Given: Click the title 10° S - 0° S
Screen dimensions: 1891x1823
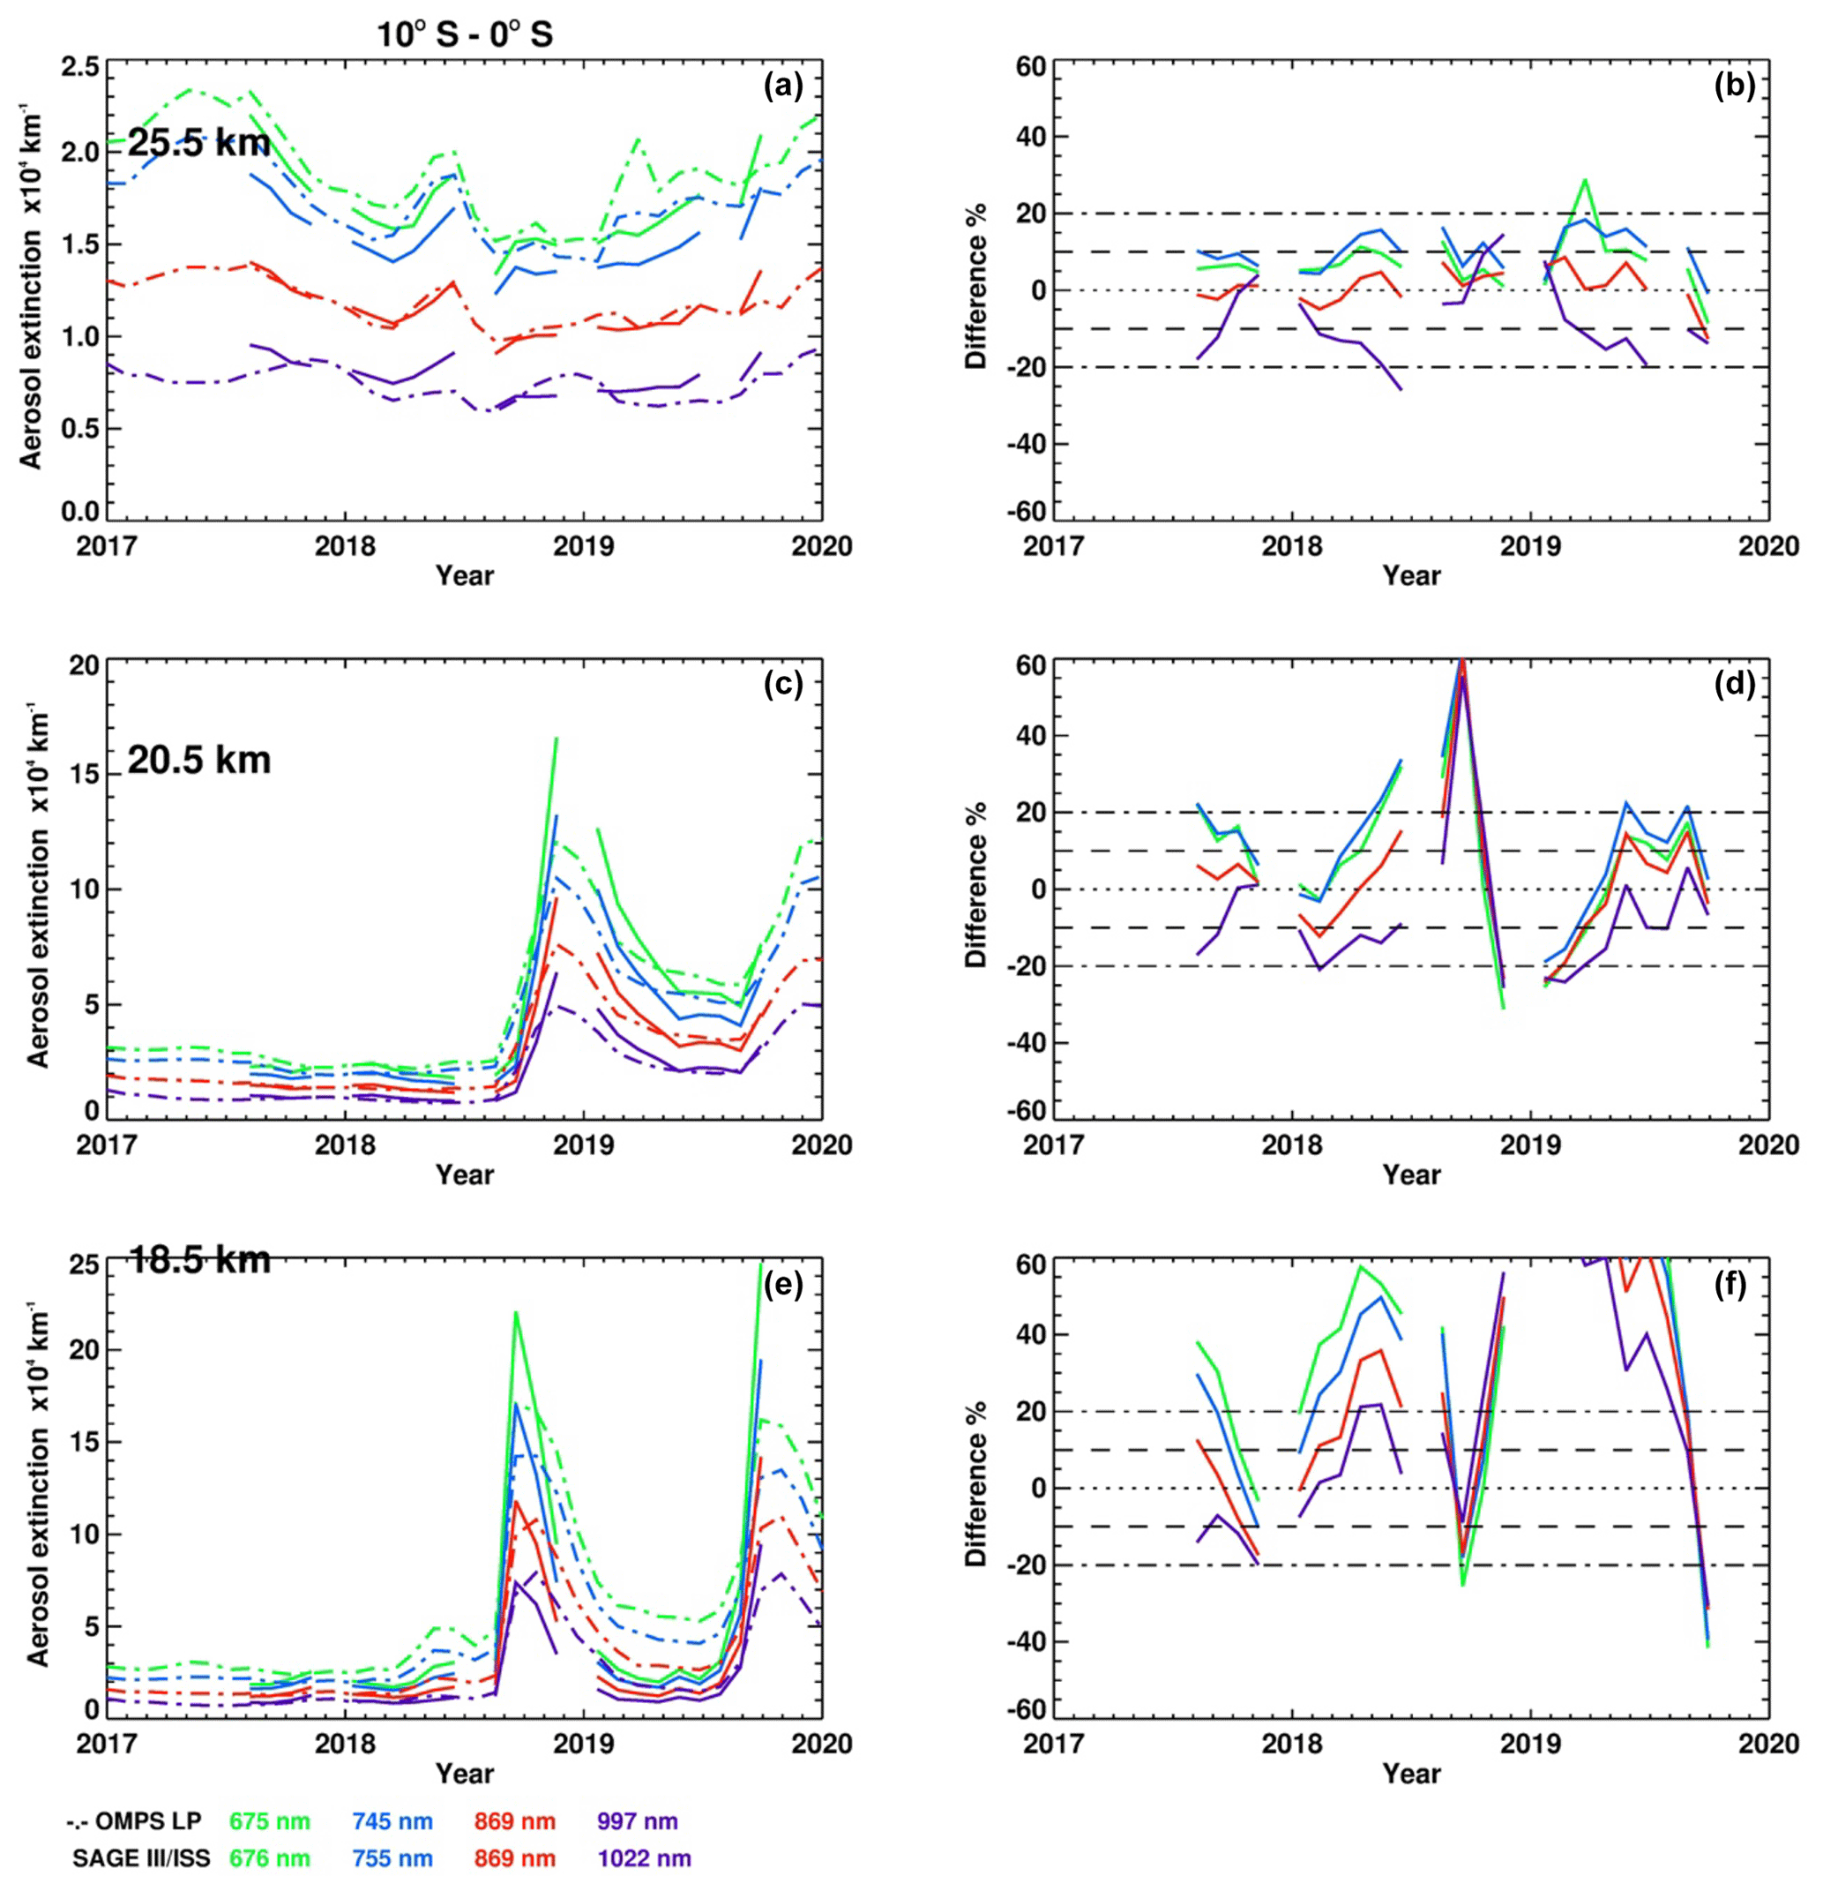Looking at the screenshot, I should tap(464, 35).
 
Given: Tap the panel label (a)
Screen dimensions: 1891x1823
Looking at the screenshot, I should tap(782, 86).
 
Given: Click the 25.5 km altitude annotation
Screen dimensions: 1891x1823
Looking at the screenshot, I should tap(198, 145).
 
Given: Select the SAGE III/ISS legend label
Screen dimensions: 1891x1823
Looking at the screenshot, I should tap(141, 1858).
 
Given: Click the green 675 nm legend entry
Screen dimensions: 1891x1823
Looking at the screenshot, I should tap(270, 1821).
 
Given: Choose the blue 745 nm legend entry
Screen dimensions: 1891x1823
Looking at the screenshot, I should tap(392, 1821).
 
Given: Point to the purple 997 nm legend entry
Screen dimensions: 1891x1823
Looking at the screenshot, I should tap(638, 1821).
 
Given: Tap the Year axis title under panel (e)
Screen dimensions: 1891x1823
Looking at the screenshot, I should tap(464, 1774).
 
